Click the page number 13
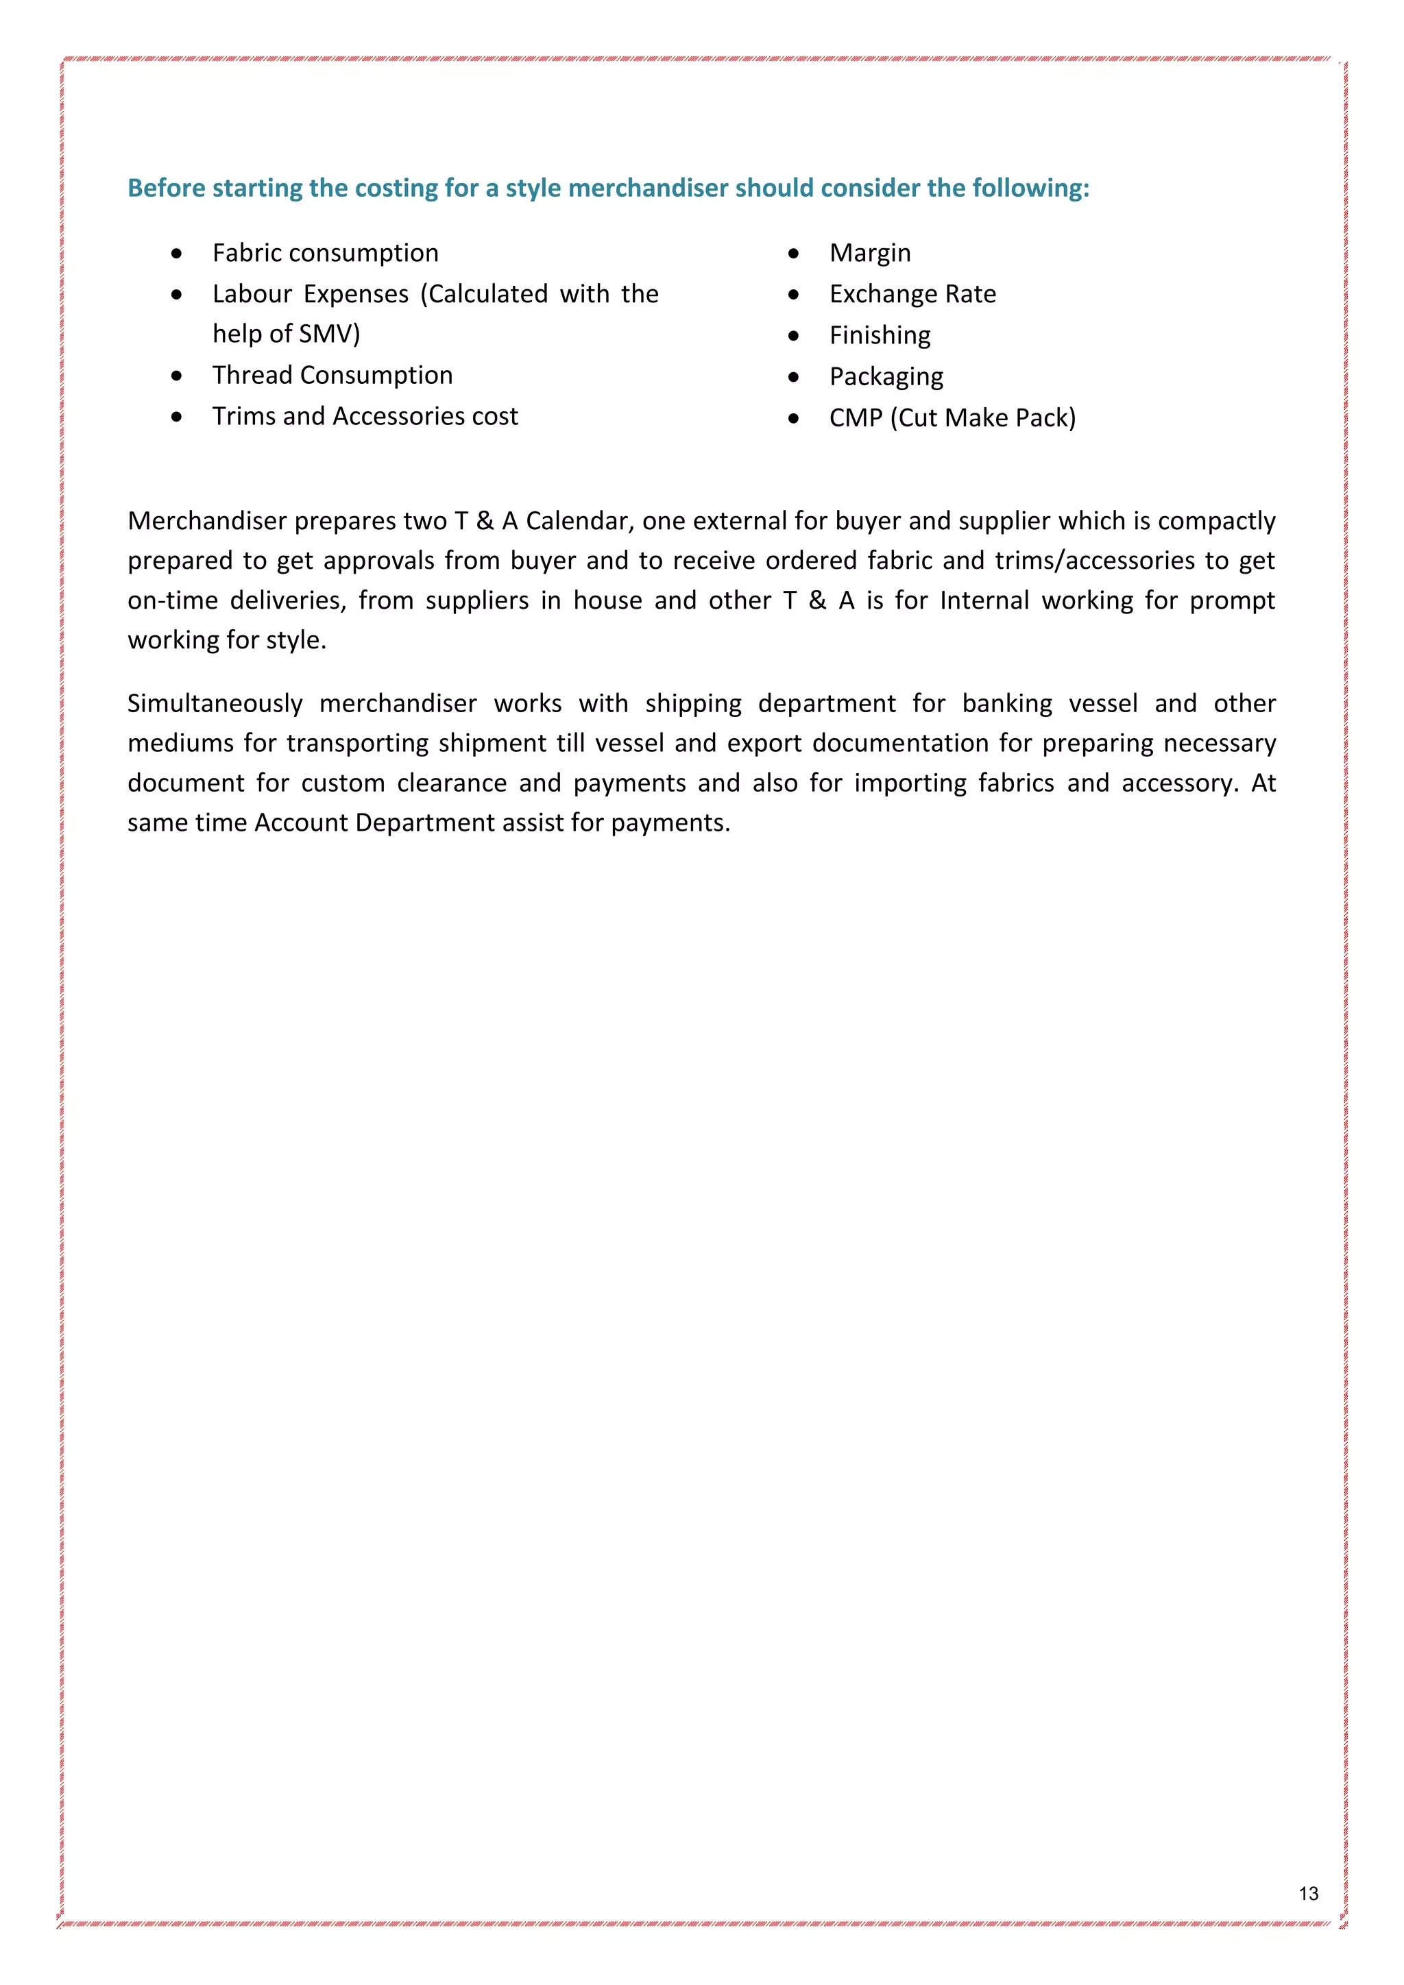(x=1308, y=1892)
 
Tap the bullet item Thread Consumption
(x=332, y=375)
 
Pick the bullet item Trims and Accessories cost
(x=365, y=416)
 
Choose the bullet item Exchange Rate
(x=912, y=294)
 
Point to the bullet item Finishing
(x=880, y=335)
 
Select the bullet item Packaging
(x=886, y=377)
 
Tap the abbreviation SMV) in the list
(x=329, y=334)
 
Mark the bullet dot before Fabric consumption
(x=176, y=254)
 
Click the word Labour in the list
(x=252, y=294)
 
